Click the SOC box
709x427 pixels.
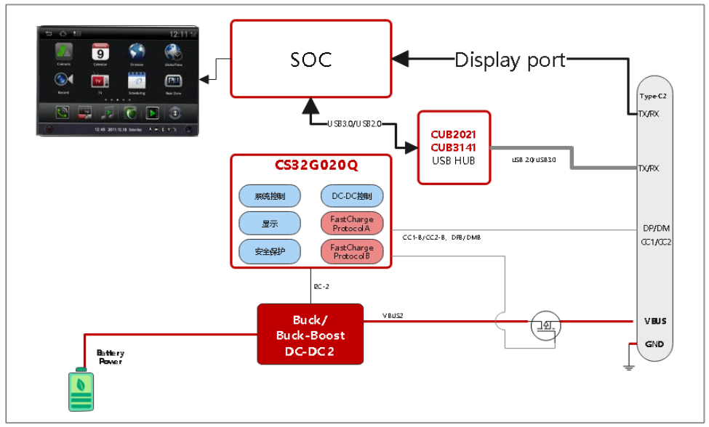click(x=311, y=58)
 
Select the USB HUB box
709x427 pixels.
click(x=454, y=147)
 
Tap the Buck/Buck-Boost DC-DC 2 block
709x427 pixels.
click(x=310, y=334)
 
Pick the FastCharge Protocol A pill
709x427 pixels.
click(x=351, y=224)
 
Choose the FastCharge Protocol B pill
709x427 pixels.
click(x=351, y=251)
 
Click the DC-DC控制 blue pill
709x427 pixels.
click(x=351, y=196)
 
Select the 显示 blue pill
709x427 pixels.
click(x=270, y=224)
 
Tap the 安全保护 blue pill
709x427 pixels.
click(x=270, y=251)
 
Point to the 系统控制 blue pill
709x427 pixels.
click(x=270, y=196)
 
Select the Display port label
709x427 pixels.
click(x=510, y=60)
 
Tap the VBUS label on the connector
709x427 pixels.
click(x=654, y=321)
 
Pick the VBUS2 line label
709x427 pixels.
click(x=394, y=315)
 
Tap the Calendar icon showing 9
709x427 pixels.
click(x=100, y=53)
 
